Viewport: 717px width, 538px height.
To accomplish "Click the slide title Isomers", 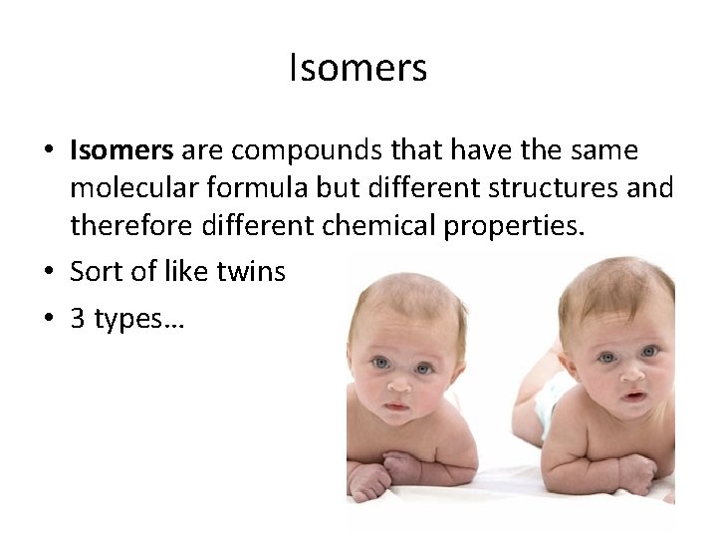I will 358,69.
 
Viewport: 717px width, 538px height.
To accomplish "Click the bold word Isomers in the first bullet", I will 121,150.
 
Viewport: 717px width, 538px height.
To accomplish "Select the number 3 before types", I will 77,320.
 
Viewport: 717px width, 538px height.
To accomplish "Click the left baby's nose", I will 398,382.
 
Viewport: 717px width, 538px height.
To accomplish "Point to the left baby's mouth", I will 396,405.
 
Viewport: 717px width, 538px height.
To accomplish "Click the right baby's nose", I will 630,371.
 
